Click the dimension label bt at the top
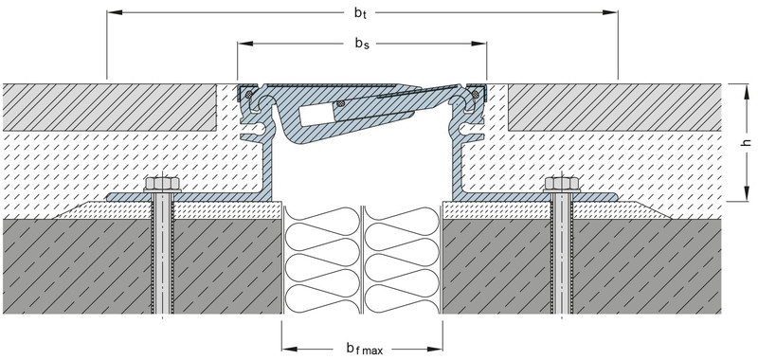pos(361,13)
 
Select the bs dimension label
pos(362,44)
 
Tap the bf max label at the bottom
pos(364,349)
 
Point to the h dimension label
pos(748,142)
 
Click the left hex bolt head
pos(162,183)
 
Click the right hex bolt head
pos(562,183)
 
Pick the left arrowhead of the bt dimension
pos(115,12)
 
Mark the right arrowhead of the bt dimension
pos(610,12)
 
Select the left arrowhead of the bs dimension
pos(245,44)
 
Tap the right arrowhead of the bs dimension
pos(478,44)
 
